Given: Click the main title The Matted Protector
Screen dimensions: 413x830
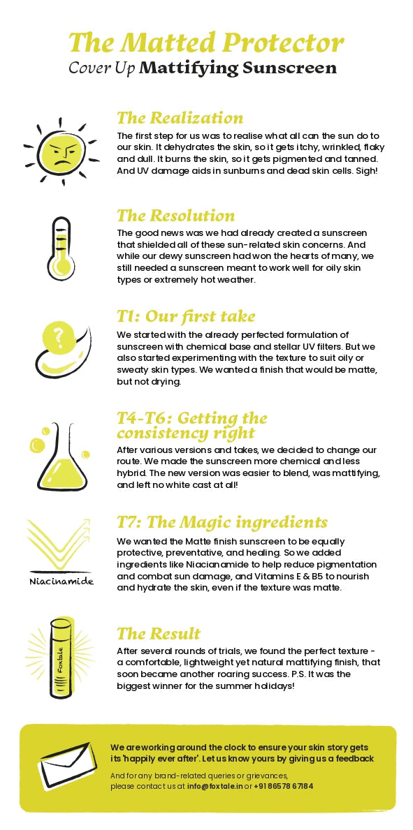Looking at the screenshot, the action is (x=206, y=42).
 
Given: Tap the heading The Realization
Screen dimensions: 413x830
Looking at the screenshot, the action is (x=180, y=117).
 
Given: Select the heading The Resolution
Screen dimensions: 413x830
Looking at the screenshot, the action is (x=175, y=215).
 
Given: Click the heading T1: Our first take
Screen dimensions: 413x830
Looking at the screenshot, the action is (x=186, y=316).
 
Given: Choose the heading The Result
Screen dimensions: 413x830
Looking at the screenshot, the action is (x=159, y=633).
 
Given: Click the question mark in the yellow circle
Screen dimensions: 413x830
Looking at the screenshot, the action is (x=59, y=336).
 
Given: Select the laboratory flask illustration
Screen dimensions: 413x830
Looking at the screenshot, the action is (x=59, y=457).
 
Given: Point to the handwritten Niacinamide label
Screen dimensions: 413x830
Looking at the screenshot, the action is (x=61, y=581).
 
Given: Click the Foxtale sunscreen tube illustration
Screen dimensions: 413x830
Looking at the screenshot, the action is (x=60, y=658).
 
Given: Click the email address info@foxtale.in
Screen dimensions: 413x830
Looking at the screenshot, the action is (x=215, y=786).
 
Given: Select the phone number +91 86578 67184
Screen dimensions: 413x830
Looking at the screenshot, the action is (x=284, y=786).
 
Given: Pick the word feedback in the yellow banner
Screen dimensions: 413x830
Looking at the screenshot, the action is (x=355, y=759).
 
